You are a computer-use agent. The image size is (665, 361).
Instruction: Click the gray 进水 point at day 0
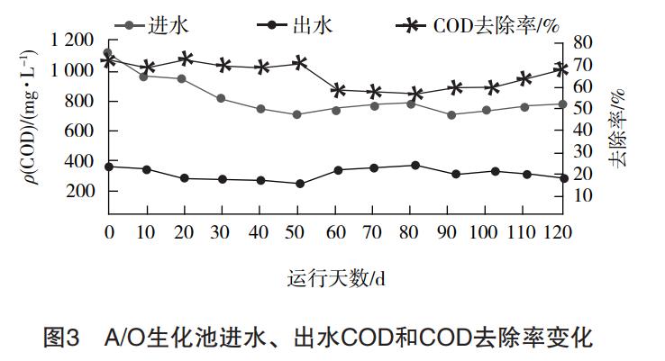click(108, 53)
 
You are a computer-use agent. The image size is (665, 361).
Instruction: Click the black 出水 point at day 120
click(563, 178)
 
